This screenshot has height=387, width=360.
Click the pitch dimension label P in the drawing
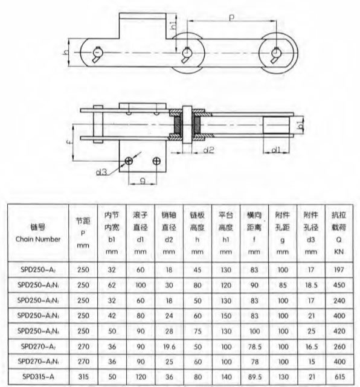coord(231,18)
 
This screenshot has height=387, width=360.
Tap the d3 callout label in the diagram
coord(101,172)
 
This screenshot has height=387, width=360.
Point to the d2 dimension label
coord(208,150)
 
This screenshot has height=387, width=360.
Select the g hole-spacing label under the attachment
coord(143,181)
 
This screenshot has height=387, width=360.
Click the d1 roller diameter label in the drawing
coord(276,150)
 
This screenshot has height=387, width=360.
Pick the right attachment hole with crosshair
coord(156,161)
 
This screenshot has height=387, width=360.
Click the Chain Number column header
coord(38,239)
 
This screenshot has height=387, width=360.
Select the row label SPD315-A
coord(38,377)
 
